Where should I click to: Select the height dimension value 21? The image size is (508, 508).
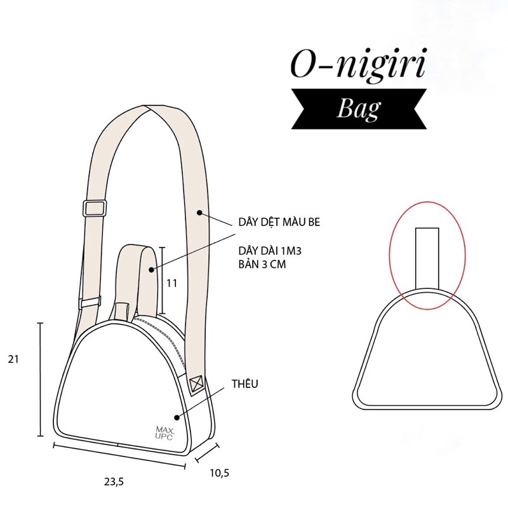[x=14, y=359]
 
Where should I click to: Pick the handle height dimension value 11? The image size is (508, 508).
[x=171, y=283]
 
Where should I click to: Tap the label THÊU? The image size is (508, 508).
[x=244, y=384]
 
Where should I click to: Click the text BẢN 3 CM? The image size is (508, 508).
[x=262, y=265]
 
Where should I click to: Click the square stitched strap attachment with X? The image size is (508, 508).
[x=196, y=383]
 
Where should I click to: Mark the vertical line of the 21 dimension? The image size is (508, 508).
[x=41, y=379]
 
